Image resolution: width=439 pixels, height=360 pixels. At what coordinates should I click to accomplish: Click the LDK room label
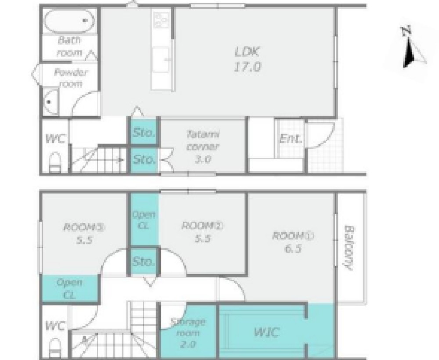coord(247,59)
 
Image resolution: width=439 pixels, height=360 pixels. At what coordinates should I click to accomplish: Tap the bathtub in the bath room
coord(70,21)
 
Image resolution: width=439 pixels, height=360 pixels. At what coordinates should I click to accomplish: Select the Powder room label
coord(70,78)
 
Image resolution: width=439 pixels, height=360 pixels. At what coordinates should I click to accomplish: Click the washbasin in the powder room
coord(51,101)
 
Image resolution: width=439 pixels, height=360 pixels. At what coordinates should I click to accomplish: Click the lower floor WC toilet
coord(54,347)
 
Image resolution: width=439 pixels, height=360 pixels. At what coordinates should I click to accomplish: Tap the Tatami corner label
coord(202,147)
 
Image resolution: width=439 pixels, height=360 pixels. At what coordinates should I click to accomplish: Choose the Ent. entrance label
coord(291,138)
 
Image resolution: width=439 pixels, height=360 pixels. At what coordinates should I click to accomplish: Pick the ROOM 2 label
coord(202,232)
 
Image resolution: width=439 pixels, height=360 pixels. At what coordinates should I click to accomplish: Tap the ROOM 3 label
coord(84,234)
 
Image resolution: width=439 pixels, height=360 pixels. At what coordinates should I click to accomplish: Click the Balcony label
coord(349,248)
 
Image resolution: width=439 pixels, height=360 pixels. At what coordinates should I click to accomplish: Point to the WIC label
coord(266,332)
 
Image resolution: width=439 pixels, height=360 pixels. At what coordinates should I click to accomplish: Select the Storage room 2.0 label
coord(188,333)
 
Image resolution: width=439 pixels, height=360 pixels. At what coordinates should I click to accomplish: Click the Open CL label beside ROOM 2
coord(144,220)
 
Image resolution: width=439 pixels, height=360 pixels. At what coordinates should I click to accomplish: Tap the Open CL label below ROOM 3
coord(69,288)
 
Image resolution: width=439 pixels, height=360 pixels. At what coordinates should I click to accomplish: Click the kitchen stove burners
coord(162,20)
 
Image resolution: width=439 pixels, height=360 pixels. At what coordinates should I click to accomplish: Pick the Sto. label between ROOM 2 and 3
coord(144,262)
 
